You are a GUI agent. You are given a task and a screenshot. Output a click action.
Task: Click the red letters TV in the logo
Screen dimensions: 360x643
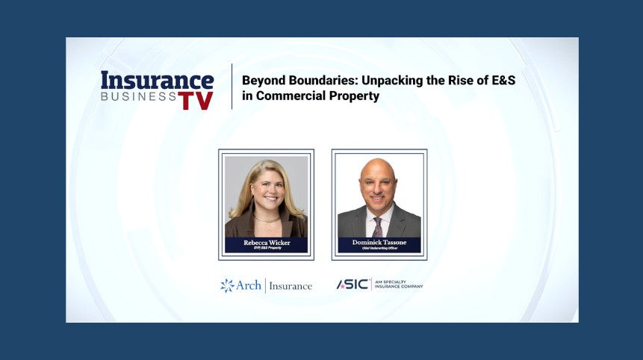coord(196,100)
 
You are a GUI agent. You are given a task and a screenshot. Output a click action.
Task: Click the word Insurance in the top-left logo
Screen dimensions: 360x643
coord(157,81)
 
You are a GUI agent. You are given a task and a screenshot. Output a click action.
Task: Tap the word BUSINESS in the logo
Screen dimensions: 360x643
coord(138,97)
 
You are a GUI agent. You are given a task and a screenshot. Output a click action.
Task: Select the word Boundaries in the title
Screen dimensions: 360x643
coord(316,81)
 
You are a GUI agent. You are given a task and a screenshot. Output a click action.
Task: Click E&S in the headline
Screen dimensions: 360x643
coord(500,81)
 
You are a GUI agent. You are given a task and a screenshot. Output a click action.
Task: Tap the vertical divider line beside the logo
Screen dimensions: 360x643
coord(232,87)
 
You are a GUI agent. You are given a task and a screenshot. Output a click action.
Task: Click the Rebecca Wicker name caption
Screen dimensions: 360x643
coord(266,242)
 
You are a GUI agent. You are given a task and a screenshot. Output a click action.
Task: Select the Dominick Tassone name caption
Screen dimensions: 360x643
coord(379,242)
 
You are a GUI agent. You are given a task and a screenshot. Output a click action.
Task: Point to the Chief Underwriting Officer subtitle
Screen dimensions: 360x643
coord(379,249)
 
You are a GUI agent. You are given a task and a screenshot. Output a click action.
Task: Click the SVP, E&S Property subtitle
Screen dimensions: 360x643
coord(266,249)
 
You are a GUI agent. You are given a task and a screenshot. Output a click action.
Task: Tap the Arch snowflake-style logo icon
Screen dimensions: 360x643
coord(227,285)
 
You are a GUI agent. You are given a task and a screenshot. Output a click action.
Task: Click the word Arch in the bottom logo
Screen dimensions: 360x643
coord(249,285)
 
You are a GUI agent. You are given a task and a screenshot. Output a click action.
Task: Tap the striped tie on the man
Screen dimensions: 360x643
coord(378,226)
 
